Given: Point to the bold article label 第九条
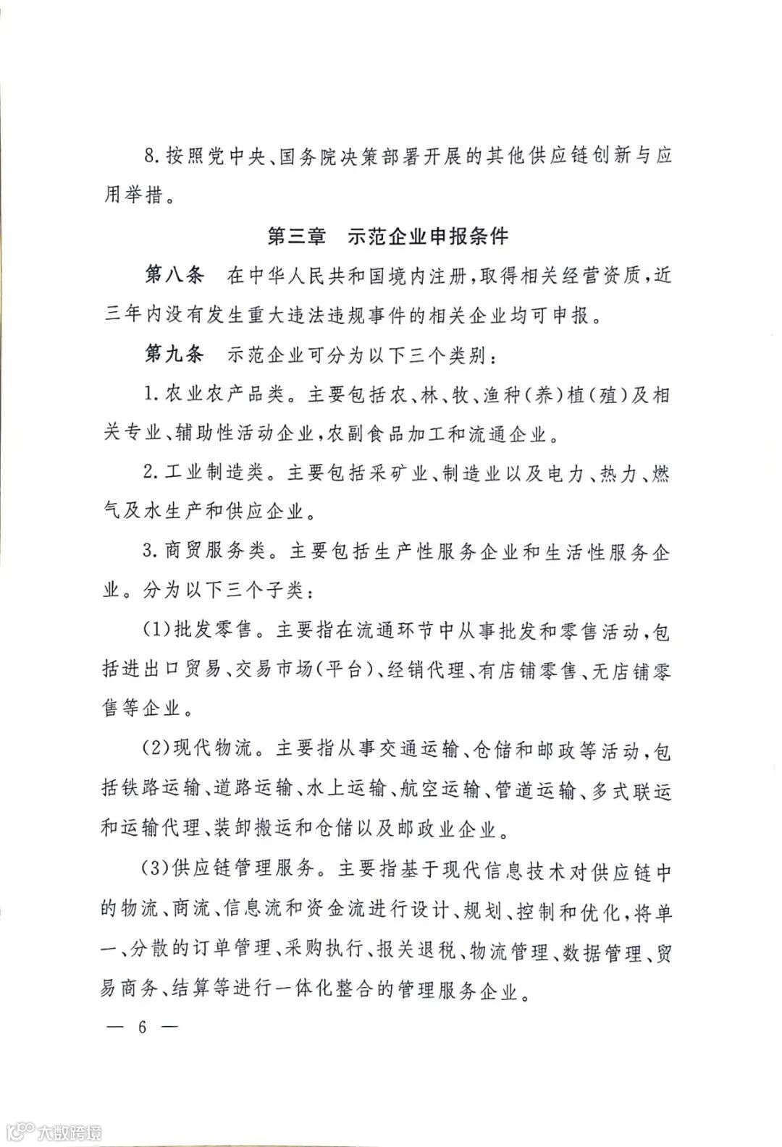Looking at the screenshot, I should point(175,355).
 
